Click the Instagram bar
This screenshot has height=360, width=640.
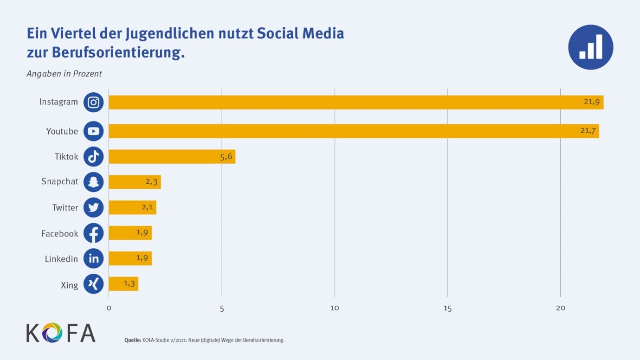click(356, 103)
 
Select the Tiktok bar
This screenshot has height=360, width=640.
click(172, 157)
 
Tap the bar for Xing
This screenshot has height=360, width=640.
click(123, 284)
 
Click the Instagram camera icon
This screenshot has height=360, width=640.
click(93, 103)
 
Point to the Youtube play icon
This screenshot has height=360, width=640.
click(93, 131)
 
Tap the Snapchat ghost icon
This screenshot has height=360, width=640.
click(93, 182)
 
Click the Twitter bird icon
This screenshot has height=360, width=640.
click(93, 207)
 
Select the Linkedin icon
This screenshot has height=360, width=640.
click(93, 258)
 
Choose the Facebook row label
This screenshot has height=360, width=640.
click(60, 234)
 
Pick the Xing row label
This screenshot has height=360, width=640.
click(70, 285)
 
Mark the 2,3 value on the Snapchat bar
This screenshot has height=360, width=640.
click(152, 182)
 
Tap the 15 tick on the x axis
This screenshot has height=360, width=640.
click(447, 308)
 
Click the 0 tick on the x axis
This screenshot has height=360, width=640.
click(109, 308)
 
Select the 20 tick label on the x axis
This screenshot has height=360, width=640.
click(561, 308)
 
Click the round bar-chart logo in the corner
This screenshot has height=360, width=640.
click(590, 47)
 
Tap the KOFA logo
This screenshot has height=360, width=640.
click(61, 333)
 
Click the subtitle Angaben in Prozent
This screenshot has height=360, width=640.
click(64, 74)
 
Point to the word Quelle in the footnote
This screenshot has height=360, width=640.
click(132, 341)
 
